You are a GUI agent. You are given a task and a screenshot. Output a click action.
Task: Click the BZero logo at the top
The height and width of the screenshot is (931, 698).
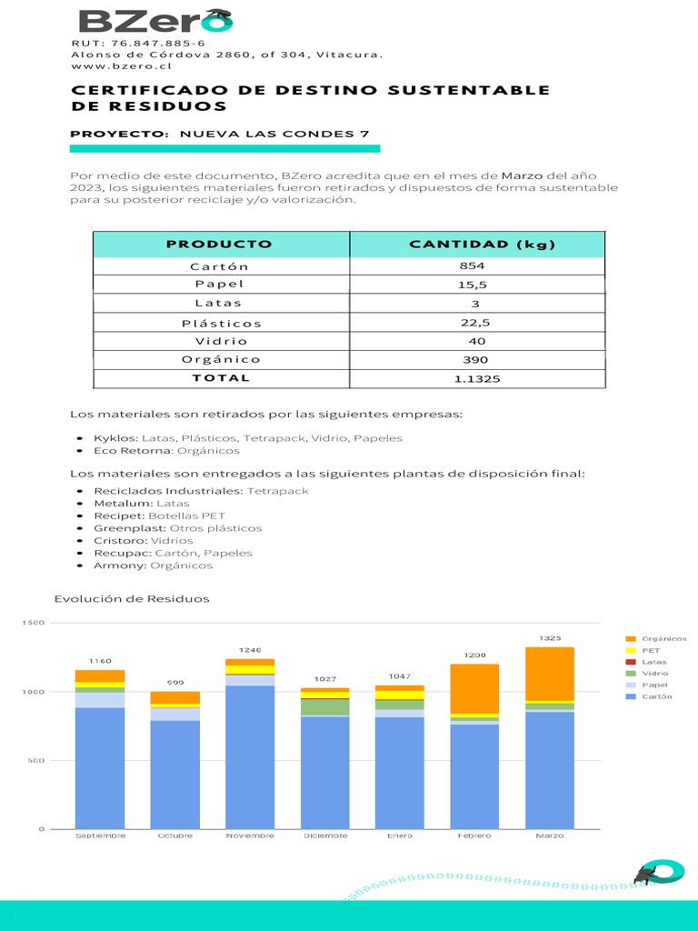tap(155, 21)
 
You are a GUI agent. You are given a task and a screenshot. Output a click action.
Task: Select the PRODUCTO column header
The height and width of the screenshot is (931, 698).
tap(219, 244)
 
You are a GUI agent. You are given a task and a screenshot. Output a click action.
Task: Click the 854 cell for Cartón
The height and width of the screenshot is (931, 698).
tap(474, 266)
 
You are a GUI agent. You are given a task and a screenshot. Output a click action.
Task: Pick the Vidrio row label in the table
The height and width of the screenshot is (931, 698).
tap(221, 341)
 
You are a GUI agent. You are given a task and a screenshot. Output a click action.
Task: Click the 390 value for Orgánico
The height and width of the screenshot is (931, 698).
tap(475, 360)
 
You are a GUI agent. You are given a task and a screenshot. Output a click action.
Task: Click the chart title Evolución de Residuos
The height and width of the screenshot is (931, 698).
tap(132, 598)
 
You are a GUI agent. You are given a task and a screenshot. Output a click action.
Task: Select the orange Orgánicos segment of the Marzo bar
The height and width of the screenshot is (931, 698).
tap(549, 674)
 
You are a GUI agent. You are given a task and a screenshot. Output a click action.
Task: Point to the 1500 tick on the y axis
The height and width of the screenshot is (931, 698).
tap(33, 623)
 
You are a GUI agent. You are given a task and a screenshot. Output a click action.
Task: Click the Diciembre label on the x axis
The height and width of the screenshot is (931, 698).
tap(324, 836)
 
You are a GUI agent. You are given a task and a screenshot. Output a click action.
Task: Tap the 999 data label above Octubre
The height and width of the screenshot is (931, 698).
tap(174, 682)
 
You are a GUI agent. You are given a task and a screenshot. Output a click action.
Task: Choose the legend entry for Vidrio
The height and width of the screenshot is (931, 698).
tap(654, 674)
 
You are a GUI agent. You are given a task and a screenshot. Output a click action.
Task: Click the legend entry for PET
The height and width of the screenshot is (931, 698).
tap(651, 651)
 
